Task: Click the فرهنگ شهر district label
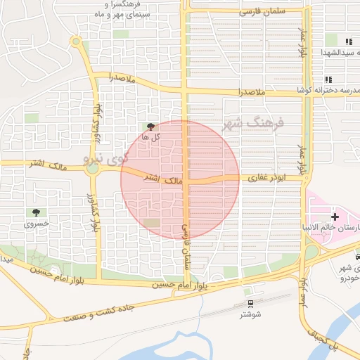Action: pyautogui.click(x=255, y=124)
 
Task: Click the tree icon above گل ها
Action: pyautogui.click(x=150, y=127)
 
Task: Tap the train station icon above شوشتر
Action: pyautogui.click(x=249, y=303)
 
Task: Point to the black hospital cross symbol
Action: pyautogui.click(x=335, y=217)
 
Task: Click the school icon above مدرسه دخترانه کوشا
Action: pyautogui.click(x=328, y=79)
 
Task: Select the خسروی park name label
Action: pyautogui.click(x=35, y=224)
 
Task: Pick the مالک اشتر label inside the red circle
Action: pyautogui.click(x=163, y=180)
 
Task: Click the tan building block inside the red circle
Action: pyautogui.click(x=152, y=223)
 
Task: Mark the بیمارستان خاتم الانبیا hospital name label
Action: pyautogui.click(x=334, y=229)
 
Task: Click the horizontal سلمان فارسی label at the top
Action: pyautogui.click(x=260, y=12)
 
